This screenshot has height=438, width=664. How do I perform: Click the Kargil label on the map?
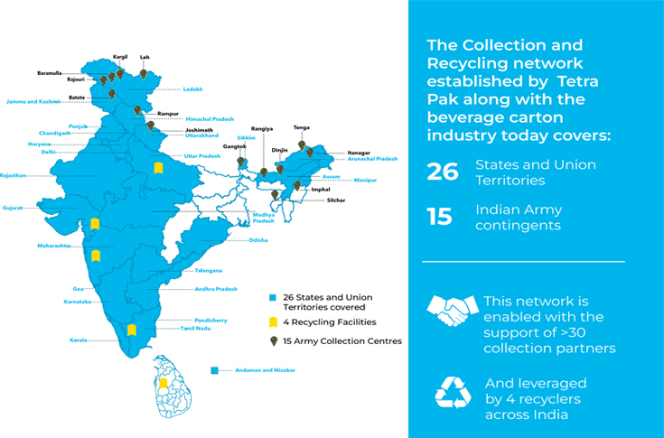click(120, 57)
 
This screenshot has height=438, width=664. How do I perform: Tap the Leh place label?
click(145, 57)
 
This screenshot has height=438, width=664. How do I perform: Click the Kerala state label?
click(79, 340)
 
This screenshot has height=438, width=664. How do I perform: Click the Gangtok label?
click(235, 146)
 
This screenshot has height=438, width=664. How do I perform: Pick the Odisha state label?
click(258, 240)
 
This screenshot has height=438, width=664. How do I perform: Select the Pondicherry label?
click(210, 320)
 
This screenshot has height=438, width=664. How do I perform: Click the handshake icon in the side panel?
click(452, 311)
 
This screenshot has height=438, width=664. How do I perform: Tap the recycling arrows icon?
click(453, 394)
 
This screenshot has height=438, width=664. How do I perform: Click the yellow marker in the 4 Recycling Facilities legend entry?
click(273, 322)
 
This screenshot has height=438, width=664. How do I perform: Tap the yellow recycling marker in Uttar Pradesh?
click(158, 167)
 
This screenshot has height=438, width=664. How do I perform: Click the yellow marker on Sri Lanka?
click(164, 384)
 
